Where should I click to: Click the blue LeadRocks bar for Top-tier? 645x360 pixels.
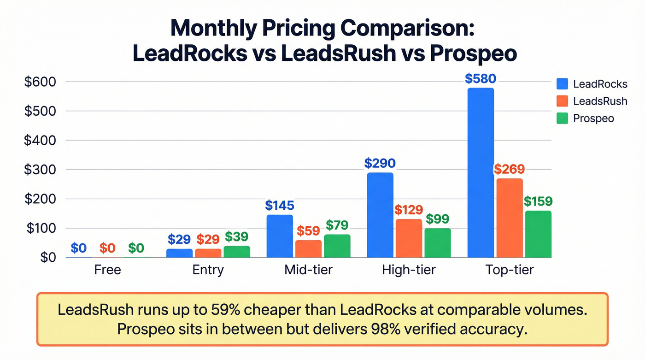click(x=481, y=173)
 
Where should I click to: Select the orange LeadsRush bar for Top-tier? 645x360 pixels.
click(x=509, y=218)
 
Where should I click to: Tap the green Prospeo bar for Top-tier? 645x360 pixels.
click(x=538, y=234)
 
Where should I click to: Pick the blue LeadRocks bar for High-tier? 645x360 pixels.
click(x=380, y=215)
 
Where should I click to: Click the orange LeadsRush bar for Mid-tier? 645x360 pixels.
click(x=308, y=249)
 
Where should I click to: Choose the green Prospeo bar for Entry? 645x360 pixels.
click(x=237, y=252)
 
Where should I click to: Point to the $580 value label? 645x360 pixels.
click(x=481, y=79)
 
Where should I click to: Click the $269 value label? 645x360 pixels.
click(x=509, y=169)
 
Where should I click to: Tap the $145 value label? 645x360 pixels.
click(x=280, y=205)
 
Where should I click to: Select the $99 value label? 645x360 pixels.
click(x=437, y=219)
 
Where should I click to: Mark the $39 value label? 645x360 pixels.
click(x=237, y=236)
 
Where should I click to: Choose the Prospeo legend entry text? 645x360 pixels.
click(x=593, y=118)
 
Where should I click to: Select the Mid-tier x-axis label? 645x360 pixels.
click(x=308, y=270)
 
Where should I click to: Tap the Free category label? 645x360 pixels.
click(x=107, y=270)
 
